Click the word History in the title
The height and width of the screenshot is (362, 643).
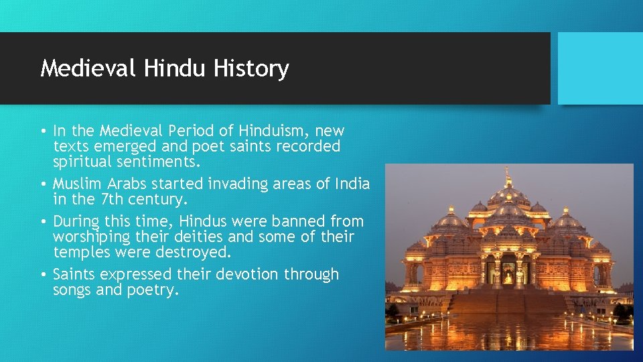pyautogui.click(x=252, y=68)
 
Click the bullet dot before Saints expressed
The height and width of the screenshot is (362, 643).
pyautogui.click(x=43, y=274)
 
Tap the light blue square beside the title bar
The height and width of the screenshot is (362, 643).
pyautogui.click(x=600, y=68)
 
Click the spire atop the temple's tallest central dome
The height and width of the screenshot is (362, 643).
pyautogui.click(x=508, y=176)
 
